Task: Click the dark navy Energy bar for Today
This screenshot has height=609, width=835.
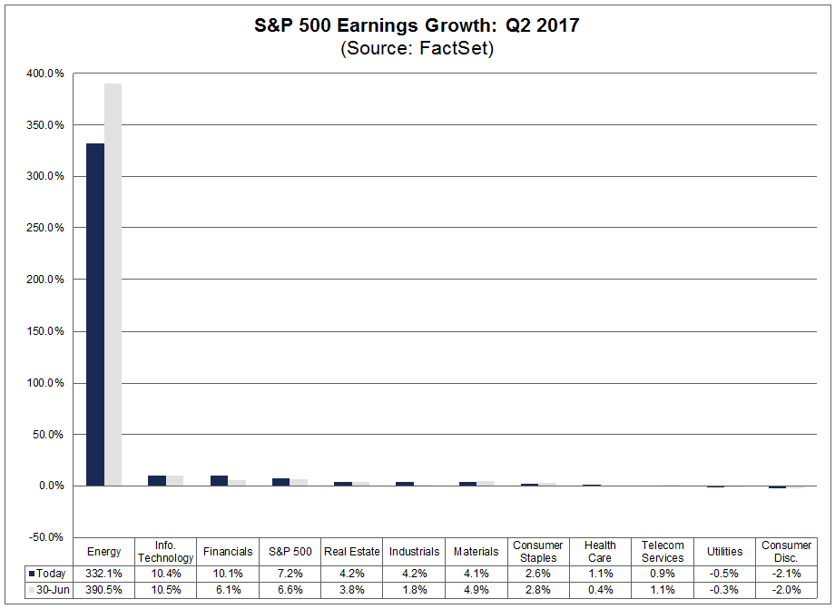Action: pos(95,314)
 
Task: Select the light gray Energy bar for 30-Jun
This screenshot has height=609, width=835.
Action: pos(113,284)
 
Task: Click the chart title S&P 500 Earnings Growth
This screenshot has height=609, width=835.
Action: pos(417,25)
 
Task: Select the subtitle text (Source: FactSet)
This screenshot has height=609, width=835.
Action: pos(417,49)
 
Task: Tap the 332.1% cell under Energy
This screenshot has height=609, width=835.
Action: pos(103,574)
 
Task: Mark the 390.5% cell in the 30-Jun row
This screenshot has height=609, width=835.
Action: pos(103,590)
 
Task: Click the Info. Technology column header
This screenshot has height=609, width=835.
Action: pos(165,552)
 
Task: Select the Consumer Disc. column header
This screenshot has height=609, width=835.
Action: pos(786,552)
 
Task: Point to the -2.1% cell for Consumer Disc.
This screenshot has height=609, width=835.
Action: pos(786,574)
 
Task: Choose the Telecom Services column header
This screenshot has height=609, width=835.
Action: pos(662,552)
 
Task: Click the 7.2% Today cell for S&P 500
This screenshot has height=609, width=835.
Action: pos(290,574)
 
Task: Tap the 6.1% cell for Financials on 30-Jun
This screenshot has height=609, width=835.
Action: pos(228,590)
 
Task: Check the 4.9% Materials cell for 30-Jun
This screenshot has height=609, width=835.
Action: pos(476,590)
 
